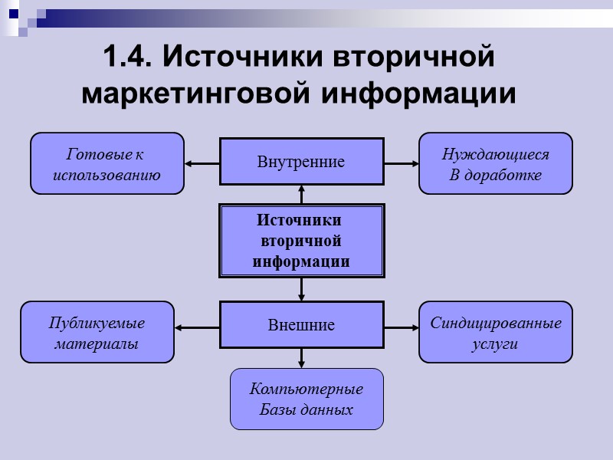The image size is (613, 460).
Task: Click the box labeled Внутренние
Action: [301, 162]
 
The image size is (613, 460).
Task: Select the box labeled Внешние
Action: [301, 325]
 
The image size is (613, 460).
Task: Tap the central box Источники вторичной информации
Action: [301, 241]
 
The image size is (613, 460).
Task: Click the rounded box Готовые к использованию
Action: [107, 163]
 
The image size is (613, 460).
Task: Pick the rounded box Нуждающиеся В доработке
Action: [495, 163]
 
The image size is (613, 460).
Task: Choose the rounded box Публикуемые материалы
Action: [97, 332]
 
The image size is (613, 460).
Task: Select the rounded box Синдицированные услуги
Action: [495, 332]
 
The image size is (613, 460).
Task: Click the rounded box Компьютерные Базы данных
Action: [306, 399]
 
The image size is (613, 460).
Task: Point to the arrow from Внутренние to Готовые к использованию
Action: [202, 163]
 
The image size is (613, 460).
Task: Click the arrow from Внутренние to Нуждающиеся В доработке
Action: [401, 163]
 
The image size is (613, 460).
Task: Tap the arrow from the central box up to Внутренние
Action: [301, 194]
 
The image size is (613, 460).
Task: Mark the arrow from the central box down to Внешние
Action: [301, 289]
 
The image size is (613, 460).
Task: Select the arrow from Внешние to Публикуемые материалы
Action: [197, 327]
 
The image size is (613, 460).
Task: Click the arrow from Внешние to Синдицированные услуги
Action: [401, 327]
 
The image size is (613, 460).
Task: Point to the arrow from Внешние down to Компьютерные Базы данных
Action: [301, 358]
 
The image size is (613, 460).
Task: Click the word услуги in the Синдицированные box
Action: [495, 343]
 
